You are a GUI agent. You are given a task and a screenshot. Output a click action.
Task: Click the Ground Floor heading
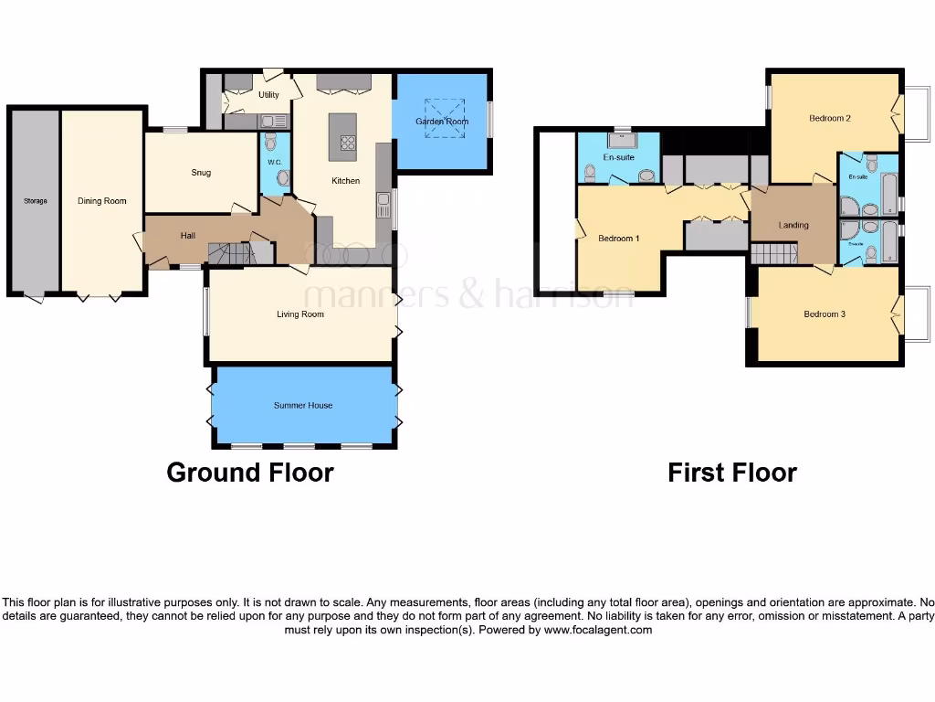249,473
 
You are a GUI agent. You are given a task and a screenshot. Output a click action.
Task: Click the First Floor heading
731,473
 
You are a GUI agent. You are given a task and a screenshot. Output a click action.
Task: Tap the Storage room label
35,201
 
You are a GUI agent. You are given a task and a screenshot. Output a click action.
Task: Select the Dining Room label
101,201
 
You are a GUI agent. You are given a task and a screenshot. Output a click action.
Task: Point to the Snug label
201,173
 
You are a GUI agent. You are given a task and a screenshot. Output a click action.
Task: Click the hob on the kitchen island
348,143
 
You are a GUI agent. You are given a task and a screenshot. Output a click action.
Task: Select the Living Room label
300,314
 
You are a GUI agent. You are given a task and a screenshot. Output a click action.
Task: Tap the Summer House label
302,405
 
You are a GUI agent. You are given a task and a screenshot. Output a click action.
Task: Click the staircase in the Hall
227,252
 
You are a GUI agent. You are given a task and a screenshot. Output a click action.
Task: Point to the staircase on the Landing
773,251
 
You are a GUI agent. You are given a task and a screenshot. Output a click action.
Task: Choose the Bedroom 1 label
618,239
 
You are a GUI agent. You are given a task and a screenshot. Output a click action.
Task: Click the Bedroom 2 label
829,118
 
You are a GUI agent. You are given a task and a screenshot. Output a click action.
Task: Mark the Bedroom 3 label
824,314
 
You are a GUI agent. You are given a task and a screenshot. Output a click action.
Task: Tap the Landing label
793,225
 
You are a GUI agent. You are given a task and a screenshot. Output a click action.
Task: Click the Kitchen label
345,181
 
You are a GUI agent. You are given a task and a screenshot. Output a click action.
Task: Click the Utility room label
268,95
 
